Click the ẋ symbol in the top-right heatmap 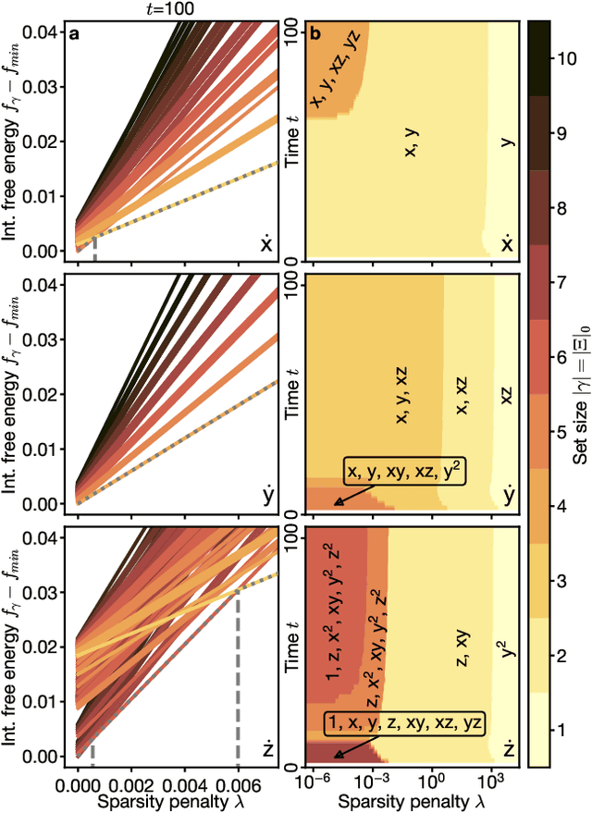tap(507, 245)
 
